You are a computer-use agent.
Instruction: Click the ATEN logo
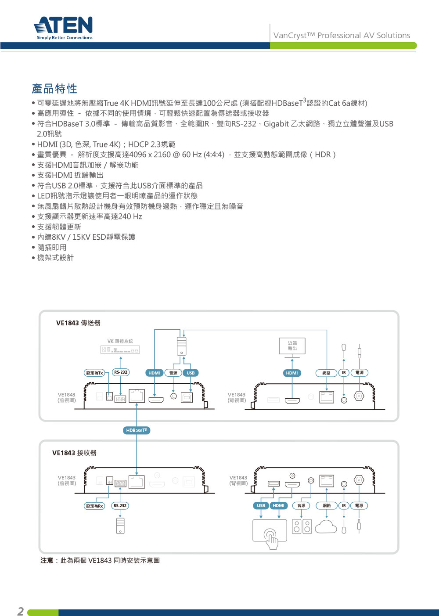coord(63,28)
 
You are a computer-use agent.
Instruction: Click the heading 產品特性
coord(54,89)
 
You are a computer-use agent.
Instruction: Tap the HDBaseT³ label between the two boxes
coord(137,430)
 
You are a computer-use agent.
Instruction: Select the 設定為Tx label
coord(94,373)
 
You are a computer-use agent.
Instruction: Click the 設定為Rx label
coord(94,506)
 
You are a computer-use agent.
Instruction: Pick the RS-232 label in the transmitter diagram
coord(121,372)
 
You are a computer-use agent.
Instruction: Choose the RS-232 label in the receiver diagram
coord(120,505)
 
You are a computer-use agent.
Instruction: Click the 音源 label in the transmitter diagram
coord(173,373)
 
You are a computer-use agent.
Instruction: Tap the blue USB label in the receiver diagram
coord(261,505)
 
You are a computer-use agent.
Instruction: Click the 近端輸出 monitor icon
coord(292,348)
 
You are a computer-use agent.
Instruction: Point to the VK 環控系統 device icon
coord(120,349)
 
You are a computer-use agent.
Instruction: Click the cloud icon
coord(326,526)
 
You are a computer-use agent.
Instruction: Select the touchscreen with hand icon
coord(270,533)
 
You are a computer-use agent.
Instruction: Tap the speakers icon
coord(302,526)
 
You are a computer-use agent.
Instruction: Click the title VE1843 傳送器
coord(78,323)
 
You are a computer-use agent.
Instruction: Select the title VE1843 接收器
coord(74,453)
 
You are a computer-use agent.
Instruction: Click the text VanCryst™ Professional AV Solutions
coord(342,35)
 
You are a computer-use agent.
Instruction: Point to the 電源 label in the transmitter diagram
coord(359,373)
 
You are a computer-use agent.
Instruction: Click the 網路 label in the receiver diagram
coord(326,505)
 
